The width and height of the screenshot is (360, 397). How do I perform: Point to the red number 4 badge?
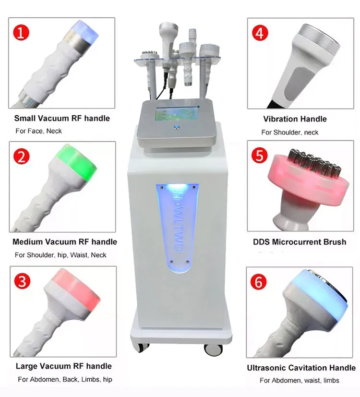[x=260, y=33]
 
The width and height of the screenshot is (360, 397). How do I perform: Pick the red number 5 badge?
[x=260, y=156]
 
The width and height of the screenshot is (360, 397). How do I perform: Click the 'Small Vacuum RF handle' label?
[x=62, y=118]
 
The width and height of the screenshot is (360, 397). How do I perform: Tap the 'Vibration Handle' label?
[x=295, y=119]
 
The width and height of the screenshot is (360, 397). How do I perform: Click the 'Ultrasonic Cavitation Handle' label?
[x=301, y=368]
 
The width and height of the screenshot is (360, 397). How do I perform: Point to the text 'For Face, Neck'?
[x=38, y=131]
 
